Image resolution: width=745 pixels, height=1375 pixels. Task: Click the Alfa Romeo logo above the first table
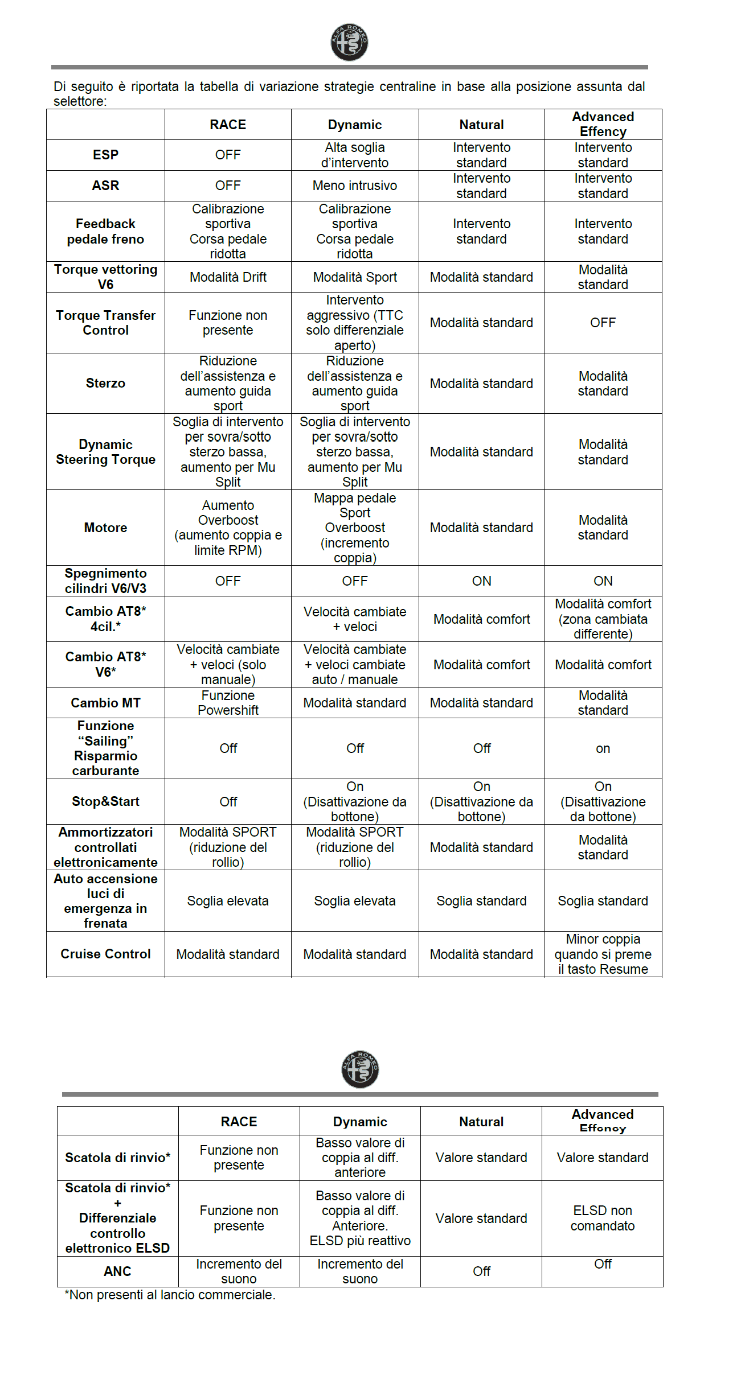[x=349, y=42]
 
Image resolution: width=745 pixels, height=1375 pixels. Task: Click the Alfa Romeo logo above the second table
[x=360, y=1069]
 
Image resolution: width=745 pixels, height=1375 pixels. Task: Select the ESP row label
[x=105, y=155]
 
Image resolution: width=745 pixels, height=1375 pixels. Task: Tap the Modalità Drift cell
[x=228, y=277]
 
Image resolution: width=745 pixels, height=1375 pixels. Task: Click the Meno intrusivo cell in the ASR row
[x=355, y=186]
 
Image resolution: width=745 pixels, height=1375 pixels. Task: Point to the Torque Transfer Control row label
[x=105, y=323]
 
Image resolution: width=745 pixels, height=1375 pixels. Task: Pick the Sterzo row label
[x=105, y=383]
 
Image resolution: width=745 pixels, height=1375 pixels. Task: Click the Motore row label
[x=105, y=528]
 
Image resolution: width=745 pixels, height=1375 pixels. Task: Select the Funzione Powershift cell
[x=228, y=703]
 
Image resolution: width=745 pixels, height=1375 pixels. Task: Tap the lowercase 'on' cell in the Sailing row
[x=603, y=748]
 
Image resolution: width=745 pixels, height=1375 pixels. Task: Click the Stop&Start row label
[x=105, y=801]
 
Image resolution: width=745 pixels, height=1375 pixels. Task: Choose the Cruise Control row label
[x=105, y=954]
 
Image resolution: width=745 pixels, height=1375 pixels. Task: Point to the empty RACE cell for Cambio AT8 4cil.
[x=228, y=619]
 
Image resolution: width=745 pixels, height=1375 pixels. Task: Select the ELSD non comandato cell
[x=602, y=1218]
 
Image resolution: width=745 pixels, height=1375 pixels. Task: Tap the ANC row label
[x=117, y=1271]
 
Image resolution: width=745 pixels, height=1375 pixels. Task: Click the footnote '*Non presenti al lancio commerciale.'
[x=170, y=1295]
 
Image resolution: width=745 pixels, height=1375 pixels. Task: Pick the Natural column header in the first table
[x=481, y=125]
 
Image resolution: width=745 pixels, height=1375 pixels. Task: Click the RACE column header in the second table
[x=239, y=1121]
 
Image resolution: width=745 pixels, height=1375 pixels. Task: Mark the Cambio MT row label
[x=105, y=703]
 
